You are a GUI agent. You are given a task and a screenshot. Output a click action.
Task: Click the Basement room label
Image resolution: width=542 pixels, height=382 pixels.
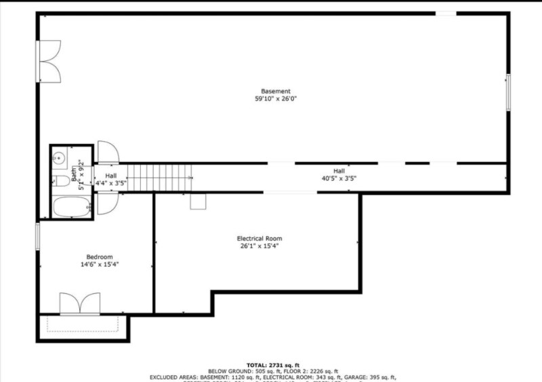[276, 91]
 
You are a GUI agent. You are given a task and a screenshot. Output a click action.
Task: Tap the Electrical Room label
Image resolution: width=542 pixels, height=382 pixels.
[259, 238]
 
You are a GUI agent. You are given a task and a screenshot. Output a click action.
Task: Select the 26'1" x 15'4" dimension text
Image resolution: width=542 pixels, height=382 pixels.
[259, 246]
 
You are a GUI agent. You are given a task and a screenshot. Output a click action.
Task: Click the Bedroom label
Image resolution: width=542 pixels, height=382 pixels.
[99, 256]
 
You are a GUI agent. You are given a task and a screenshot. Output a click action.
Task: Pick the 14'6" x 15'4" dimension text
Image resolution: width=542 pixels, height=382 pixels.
[99, 265]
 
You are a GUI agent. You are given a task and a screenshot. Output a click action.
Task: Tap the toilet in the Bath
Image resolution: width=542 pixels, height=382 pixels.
[60, 180]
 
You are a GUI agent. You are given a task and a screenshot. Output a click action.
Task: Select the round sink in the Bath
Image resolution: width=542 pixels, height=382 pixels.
[59, 159]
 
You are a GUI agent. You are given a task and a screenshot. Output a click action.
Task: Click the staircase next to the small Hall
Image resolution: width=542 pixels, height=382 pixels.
[160, 178]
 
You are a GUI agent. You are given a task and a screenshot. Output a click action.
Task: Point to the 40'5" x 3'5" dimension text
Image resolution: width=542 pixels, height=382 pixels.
[339, 178]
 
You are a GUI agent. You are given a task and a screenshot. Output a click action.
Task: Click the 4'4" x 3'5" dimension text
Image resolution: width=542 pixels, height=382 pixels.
[110, 183]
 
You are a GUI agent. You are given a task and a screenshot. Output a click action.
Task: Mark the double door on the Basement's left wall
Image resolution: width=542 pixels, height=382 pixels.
[49, 61]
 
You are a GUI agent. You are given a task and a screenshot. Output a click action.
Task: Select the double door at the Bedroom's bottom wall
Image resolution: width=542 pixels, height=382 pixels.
[80, 303]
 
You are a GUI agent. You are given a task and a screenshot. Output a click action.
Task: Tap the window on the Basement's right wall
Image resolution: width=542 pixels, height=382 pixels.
[508, 92]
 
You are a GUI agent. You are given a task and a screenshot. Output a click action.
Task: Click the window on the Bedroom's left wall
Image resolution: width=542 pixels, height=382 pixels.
[38, 236]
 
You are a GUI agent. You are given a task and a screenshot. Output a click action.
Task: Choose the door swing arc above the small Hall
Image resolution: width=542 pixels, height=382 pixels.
[108, 152]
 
